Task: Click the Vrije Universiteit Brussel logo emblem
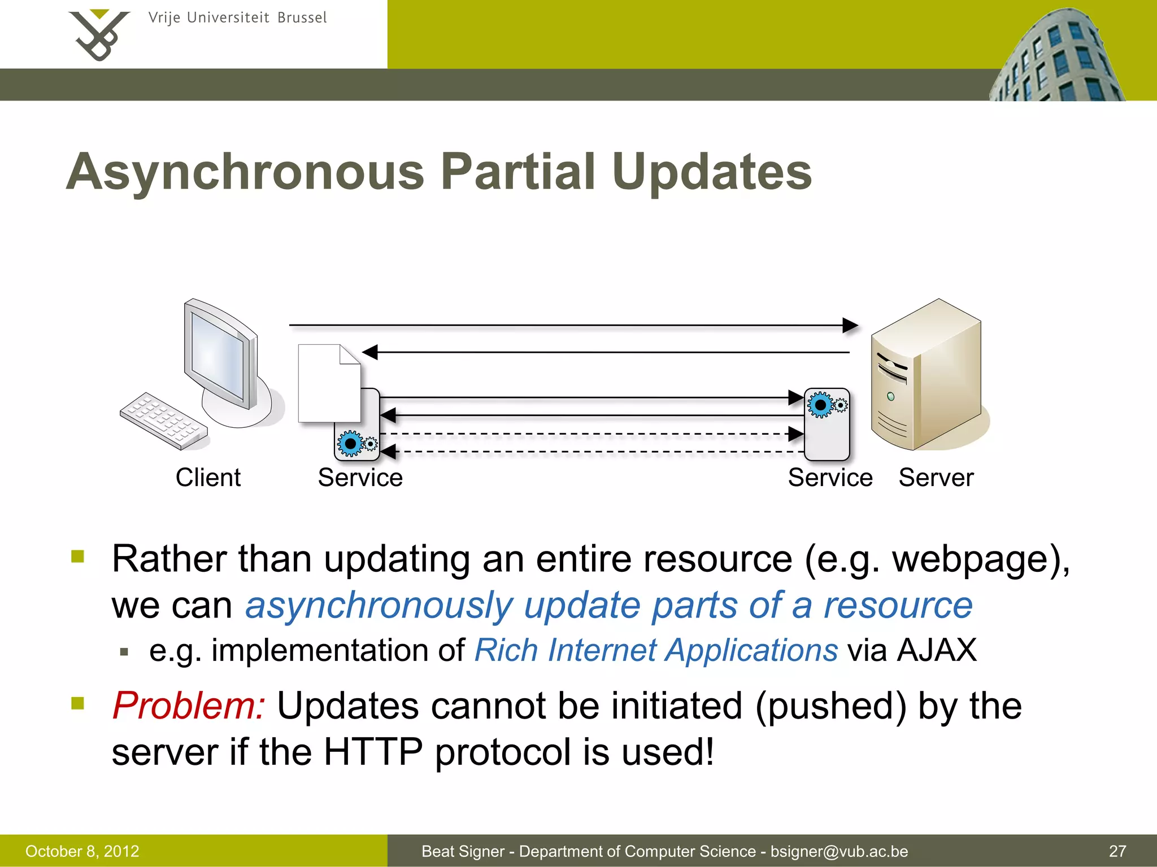[99, 35]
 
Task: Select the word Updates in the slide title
[711, 172]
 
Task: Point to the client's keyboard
[164, 421]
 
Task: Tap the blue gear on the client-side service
[351, 444]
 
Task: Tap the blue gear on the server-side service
[820, 405]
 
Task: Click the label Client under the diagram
[208, 478]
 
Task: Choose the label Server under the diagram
[936, 478]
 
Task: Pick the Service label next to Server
[830, 478]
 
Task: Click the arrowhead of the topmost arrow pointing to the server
[850, 325]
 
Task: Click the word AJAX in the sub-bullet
[937, 650]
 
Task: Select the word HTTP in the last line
[373, 752]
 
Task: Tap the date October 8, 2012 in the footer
[82, 851]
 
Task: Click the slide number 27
[1117, 851]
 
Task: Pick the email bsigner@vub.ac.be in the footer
[839, 851]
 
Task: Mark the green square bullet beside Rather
[78, 557]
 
